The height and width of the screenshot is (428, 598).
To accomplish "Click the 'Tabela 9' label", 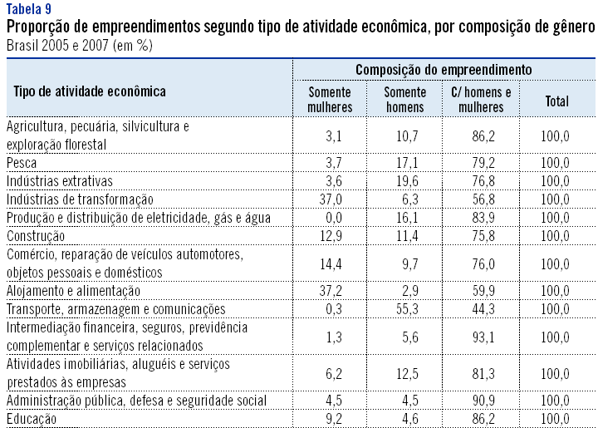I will pyautogui.click(x=28, y=9).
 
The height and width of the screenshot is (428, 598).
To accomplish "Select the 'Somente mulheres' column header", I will pyautogui.click(x=330, y=100).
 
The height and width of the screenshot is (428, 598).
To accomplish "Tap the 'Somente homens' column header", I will pyautogui.click(x=405, y=100).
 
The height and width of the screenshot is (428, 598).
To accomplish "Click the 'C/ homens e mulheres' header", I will pyautogui.click(x=481, y=100).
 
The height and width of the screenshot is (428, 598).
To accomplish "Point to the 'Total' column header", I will pyautogui.click(x=556, y=101).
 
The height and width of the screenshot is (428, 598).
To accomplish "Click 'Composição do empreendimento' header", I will pyautogui.click(x=444, y=70).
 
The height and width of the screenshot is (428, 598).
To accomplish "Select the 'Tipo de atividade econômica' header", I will pyautogui.click(x=90, y=91).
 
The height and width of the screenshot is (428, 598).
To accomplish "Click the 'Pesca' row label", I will pyautogui.click(x=22, y=162).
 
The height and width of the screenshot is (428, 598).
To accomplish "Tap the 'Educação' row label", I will pyautogui.click(x=32, y=420).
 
